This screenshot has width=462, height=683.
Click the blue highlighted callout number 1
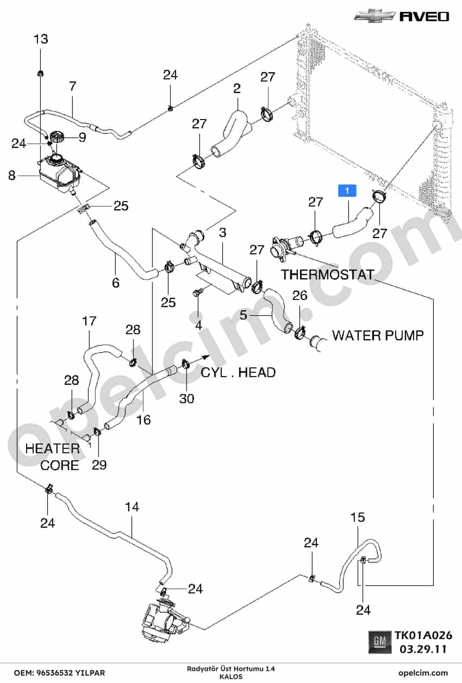coord(347,191)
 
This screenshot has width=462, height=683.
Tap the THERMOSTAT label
coord(327,274)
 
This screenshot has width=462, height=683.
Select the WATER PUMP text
coord(378,335)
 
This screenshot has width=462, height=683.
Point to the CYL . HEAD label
coord(238,372)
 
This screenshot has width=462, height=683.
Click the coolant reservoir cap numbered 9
coord(56,136)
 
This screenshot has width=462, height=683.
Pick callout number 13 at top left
coord(41,39)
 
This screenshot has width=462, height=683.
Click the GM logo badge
coord(380,642)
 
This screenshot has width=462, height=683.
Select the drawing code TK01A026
coord(424,635)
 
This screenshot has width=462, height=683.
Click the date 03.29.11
coord(423,649)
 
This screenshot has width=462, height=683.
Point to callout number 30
coord(186,398)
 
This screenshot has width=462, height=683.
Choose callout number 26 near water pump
coord(300,295)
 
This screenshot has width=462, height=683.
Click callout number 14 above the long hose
coord(132,507)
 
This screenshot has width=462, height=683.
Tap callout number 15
coord(358,517)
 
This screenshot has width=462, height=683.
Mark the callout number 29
coord(99,465)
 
